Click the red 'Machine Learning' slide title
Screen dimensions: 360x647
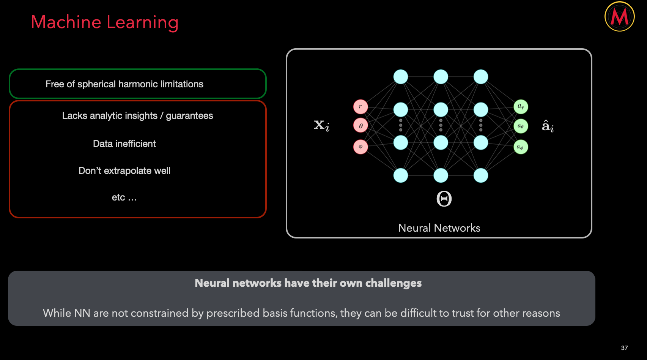[104, 22]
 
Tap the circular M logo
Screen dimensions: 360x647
[619, 17]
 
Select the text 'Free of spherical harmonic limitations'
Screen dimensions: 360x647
[124, 84]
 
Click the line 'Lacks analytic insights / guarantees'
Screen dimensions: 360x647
[137, 115]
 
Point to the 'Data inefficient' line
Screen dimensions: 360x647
[124, 144]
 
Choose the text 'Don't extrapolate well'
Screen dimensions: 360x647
[124, 171]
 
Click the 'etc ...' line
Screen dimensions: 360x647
[124, 197]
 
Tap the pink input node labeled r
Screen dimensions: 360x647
[360, 107]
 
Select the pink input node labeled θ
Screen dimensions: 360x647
[360, 126]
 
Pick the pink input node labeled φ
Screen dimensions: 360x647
[360, 147]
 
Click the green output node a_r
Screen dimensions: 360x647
[521, 107]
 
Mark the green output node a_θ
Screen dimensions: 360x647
[521, 126]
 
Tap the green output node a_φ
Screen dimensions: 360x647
[521, 147]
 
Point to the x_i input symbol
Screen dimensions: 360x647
[321, 125]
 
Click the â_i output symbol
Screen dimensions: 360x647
[548, 126]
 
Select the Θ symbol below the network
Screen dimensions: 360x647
[444, 199]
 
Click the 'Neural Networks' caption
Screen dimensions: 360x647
[439, 228]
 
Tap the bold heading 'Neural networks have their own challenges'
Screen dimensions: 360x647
[308, 283]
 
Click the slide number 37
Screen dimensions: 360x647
[624, 348]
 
